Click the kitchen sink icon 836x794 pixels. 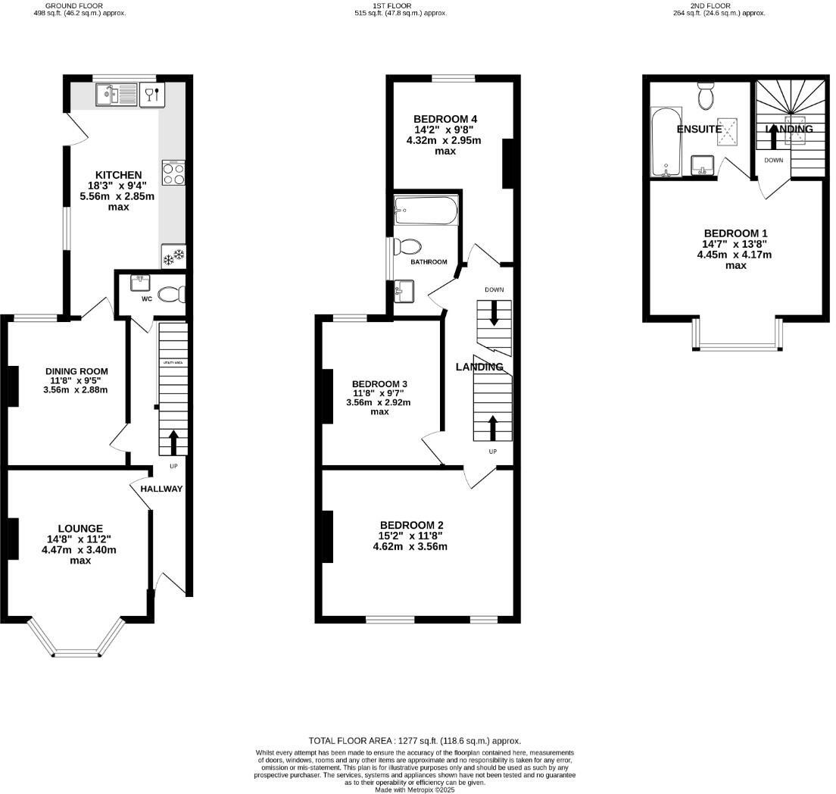(115, 95)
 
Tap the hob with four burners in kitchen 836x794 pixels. (173, 173)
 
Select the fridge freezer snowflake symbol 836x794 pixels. (173, 257)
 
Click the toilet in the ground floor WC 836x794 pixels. (171, 293)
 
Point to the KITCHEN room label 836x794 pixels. (117, 175)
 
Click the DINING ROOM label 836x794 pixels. (76, 371)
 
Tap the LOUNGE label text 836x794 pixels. (80, 528)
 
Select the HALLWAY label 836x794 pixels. (161, 489)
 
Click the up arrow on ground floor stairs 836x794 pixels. (173, 442)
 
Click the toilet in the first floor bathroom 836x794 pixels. (409, 246)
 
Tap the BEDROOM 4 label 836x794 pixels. (445, 119)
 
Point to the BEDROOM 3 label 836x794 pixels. (379, 382)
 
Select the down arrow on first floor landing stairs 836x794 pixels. (494, 312)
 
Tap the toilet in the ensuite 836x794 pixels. (706, 97)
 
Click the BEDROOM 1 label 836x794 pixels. (735, 233)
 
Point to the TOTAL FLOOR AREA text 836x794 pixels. (415, 740)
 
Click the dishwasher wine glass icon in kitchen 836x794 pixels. (151, 94)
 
